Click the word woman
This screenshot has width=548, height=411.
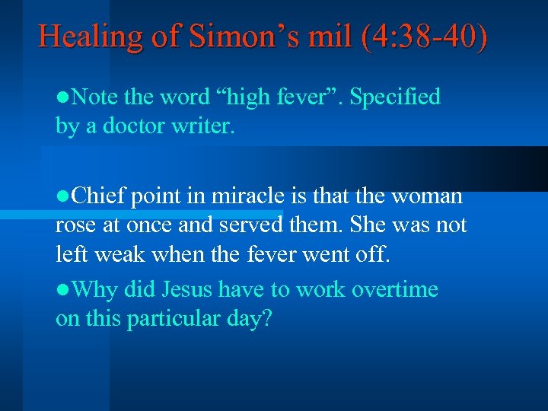427,196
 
